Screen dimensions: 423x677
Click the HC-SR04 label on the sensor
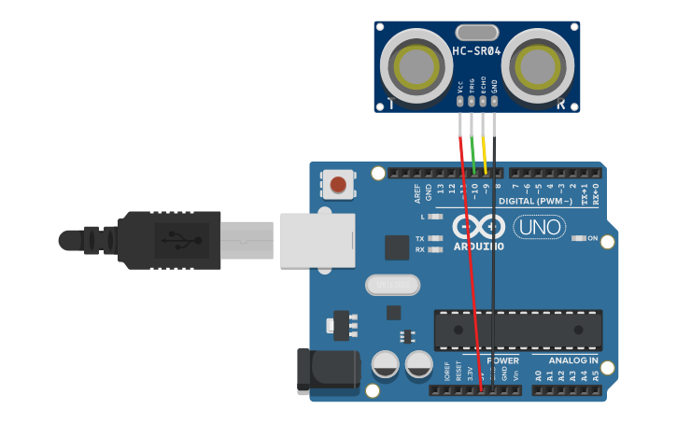pos(476,52)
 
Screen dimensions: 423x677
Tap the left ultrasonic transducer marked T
pos(416,65)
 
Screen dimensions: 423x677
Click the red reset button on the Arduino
pos(338,184)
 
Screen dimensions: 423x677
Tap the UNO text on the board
pos(540,227)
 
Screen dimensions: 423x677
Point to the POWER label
pos(502,360)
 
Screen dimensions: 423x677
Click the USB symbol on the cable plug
pos(178,240)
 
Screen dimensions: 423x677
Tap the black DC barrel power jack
pos(327,370)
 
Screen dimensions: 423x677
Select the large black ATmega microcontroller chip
pos(517,330)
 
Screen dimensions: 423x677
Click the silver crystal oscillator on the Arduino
pos(392,284)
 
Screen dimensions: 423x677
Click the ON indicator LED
pos(579,238)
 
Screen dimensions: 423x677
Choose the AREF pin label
pos(417,192)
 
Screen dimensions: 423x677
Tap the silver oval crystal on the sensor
pos(476,34)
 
